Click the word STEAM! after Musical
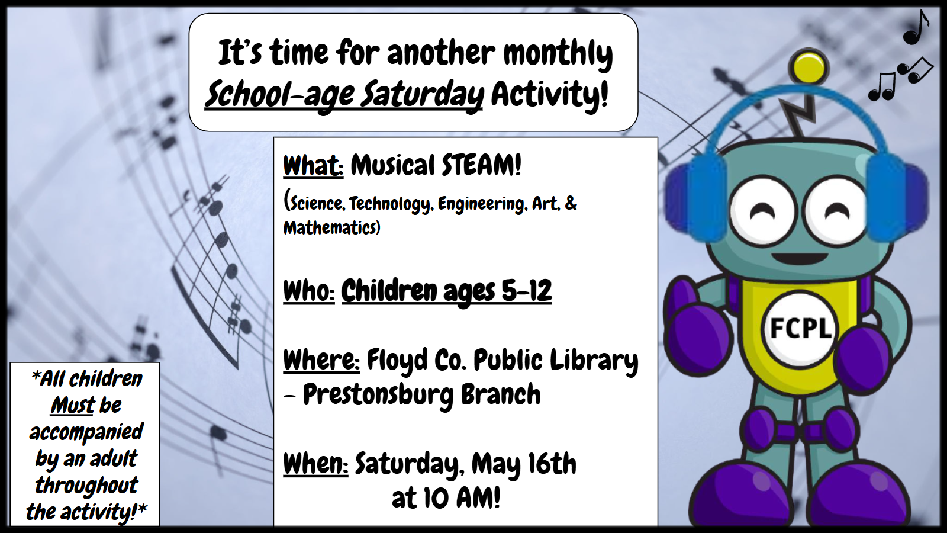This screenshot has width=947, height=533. tap(482, 165)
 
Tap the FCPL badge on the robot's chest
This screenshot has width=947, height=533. tap(799, 328)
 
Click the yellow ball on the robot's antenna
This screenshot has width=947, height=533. tap(809, 67)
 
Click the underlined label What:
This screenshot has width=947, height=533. tap(313, 165)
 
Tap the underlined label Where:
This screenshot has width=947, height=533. tap(321, 360)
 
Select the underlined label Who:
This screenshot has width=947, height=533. tap(309, 291)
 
